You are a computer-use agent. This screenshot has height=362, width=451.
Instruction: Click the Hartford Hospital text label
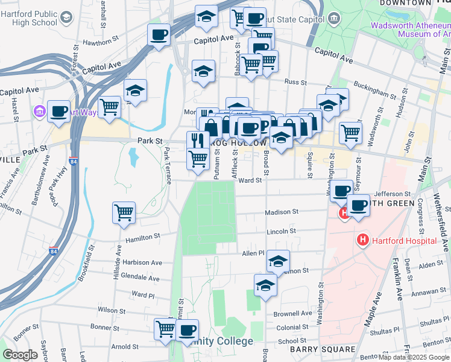404,241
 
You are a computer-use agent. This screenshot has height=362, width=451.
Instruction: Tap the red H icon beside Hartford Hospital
362,240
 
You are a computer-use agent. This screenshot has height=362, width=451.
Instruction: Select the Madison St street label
282,212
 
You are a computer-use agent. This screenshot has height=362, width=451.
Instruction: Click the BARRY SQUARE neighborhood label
323,349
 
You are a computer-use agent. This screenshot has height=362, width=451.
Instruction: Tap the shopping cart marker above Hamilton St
124,212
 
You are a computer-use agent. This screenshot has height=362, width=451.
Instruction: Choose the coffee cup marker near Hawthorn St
159,35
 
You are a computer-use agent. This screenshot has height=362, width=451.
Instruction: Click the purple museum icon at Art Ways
40,112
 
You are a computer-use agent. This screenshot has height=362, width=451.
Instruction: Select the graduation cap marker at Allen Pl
278,261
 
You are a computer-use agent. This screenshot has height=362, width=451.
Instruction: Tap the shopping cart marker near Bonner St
165,329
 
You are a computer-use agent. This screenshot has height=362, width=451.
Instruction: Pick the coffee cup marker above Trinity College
187,330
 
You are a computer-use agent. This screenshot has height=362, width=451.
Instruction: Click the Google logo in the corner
20,355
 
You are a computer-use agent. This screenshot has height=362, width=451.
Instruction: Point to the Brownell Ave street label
292,314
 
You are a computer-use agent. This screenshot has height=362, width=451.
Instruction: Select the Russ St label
295,82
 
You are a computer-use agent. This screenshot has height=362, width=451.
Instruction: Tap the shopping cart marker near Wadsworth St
350,132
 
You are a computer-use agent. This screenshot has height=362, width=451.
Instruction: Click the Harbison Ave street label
142,263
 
